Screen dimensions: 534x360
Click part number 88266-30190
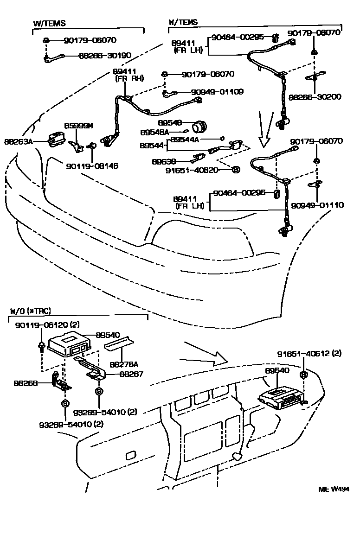pyautogui.click(x=105, y=56)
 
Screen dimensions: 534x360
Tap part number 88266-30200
pyautogui.click(x=315, y=97)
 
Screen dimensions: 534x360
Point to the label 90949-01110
pyautogui.click(x=318, y=204)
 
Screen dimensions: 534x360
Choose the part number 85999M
pyautogui.click(x=78, y=126)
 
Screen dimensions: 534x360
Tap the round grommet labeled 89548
pyautogui.click(x=201, y=125)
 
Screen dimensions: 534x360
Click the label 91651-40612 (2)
pyautogui.click(x=309, y=354)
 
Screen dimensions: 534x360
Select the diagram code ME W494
pyautogui.click(x=333, y=489)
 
